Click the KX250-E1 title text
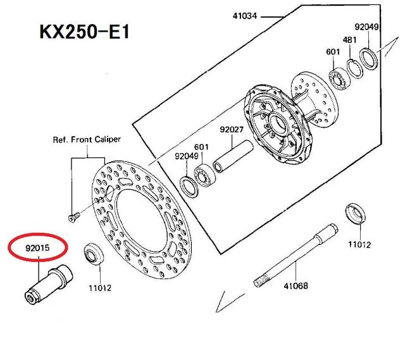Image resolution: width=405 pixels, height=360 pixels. (x=84, y=31)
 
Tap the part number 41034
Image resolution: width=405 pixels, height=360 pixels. (x=244, y=15)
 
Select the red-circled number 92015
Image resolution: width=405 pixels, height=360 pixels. (x=38, y=247)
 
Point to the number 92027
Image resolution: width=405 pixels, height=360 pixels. (x=232, y=130)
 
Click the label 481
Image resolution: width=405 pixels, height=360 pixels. (x=350, y=39)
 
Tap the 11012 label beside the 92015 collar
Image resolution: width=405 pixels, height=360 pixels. (x=99, y=287)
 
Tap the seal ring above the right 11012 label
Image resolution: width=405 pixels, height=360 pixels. (x=356, y=214)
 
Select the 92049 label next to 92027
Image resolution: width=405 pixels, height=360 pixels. (x=187, y=156)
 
